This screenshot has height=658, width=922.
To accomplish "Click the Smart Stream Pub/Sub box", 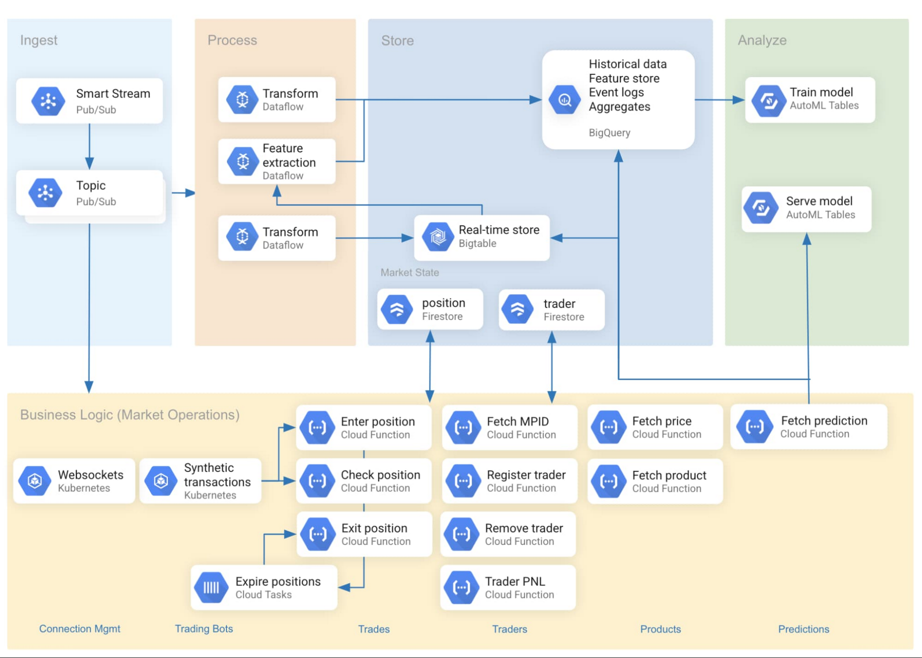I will (89, 101).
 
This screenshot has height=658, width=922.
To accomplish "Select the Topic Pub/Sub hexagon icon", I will (45, 193).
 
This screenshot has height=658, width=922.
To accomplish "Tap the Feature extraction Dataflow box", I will (277, 162).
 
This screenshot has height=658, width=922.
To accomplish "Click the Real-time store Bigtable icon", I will (437, 237).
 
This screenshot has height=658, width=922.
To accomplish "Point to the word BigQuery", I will (609, 133).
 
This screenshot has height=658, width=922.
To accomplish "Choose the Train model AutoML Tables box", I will (810, 100).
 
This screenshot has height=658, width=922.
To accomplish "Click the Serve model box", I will (806, 209).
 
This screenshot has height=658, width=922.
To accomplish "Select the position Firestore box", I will (430, 309).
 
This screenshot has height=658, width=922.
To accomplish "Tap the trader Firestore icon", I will (518, 310).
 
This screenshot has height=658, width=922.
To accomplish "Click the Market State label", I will (409, 273).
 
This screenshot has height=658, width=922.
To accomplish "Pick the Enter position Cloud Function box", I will (364, 427).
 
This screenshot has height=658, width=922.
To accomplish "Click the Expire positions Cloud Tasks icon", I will (211, 587).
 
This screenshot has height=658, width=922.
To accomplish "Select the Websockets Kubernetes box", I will (74, 481).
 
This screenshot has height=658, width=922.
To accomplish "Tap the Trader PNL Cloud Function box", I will (508, 587).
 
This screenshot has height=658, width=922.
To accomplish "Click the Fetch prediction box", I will (809, 427).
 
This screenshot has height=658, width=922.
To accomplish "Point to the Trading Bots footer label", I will (204, 628).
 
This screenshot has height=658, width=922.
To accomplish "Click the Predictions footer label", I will (803, 629).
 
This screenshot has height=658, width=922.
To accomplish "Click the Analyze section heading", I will (762, 41).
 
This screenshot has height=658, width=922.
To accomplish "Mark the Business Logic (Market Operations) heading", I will (130, 415).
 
